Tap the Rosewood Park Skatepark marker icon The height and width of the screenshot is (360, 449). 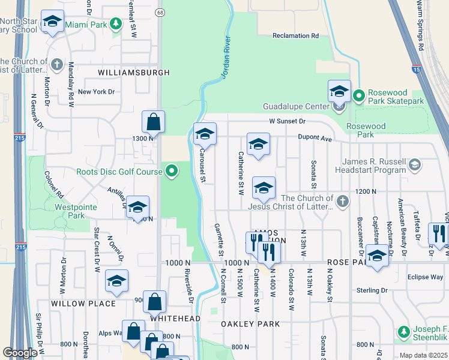(359, 95)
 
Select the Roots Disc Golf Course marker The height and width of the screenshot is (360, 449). (172, 172)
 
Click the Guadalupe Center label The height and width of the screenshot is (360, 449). (295, 107)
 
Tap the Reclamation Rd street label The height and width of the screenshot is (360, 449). (295, 36)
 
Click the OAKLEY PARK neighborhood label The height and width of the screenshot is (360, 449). (250, 324)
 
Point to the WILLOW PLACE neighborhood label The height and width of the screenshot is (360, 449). (83, 304)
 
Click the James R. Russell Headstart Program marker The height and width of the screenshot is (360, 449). (414, 164)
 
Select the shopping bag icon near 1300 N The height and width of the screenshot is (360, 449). (153, 122)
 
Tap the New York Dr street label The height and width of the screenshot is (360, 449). (95, 92)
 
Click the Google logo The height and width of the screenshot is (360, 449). (20, 353)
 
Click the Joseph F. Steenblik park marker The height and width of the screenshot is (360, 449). (403, 332)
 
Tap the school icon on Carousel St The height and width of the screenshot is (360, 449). (204, 134)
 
